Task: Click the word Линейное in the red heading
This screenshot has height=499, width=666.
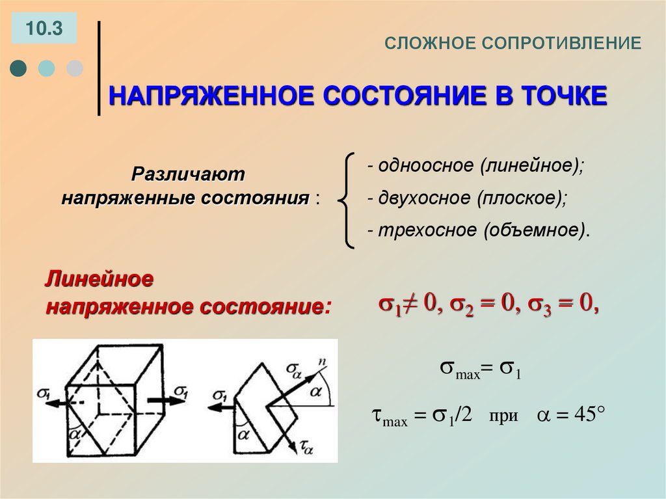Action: pos(99,280)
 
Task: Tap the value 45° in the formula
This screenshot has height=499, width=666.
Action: pos(583,415)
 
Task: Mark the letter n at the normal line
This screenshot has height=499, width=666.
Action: pos(321,360)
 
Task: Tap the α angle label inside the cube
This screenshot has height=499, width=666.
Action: pos(76,432)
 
